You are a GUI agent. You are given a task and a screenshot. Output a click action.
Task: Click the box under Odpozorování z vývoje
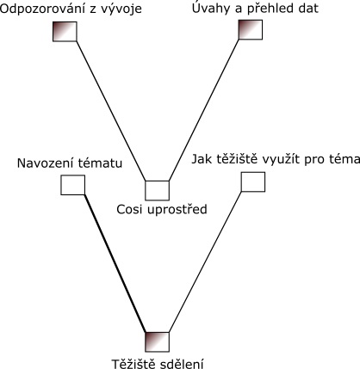pos(65,32)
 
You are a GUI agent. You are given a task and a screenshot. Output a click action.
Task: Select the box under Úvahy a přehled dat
pos(251,30)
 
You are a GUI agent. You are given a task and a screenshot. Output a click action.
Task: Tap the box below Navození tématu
pos(73,185)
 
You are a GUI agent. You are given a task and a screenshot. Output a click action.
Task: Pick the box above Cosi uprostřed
pos(157,190)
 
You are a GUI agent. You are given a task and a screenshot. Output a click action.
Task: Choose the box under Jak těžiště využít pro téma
pos(253,181)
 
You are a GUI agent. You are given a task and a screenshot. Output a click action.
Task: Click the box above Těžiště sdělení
pos(157,342)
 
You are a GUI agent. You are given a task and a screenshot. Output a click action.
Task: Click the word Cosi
pos(129,210)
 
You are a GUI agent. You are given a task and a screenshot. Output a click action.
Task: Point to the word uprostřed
pos(177,210)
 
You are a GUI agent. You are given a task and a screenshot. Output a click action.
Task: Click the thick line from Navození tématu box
pos(115,264)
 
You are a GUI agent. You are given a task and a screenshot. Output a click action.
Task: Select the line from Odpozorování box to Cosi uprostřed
pos(111,111)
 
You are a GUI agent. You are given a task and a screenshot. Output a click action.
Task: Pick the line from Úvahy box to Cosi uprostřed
pos(204,110)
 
